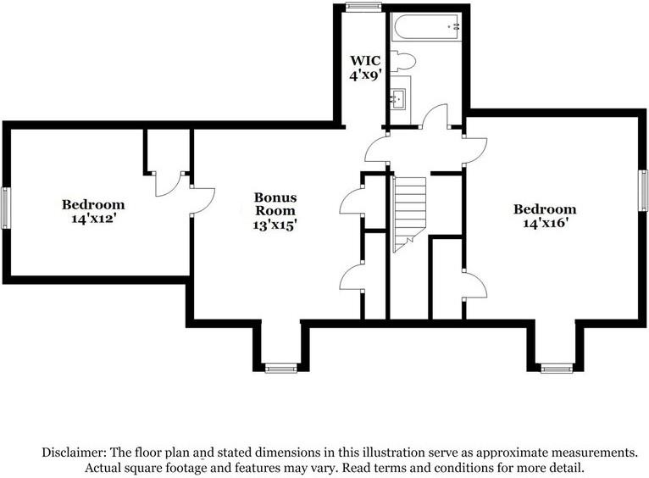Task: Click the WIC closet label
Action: tap(365, 61)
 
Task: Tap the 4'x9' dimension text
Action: tap(365, 75)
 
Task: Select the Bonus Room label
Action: tap(275, 203)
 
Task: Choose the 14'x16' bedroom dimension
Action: tap(545, 223)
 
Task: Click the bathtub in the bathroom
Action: tap(426, 28)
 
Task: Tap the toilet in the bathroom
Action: tap(402, 61)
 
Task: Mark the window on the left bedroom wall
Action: tap(5, 208)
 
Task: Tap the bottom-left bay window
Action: tap(280, 368)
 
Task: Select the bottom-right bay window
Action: tap(557, 368)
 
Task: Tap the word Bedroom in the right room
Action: tap(545, 209)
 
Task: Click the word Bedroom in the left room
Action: tap(92, 204)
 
